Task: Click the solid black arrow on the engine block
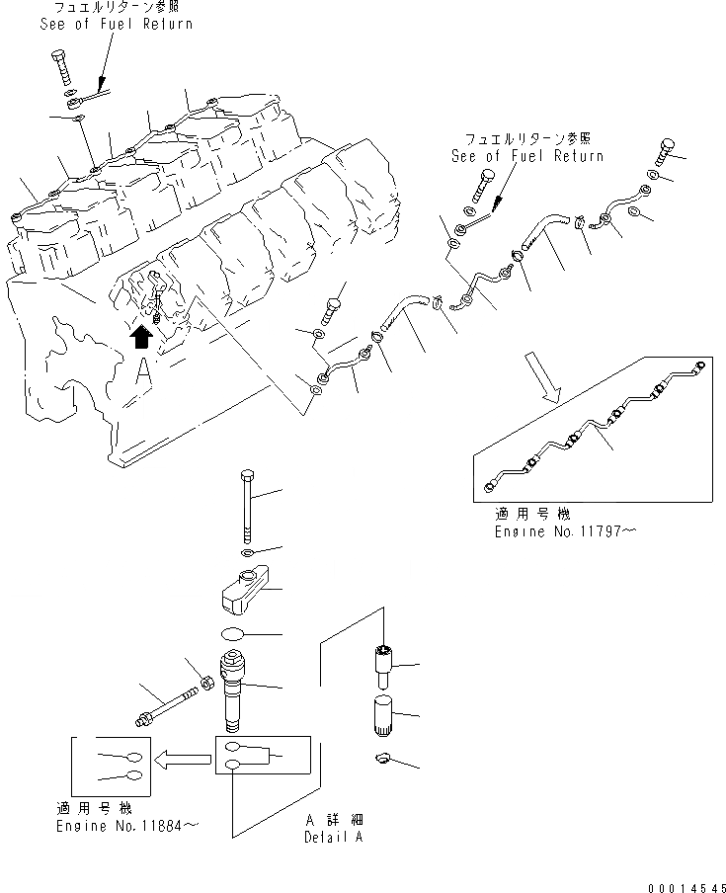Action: point(141,338)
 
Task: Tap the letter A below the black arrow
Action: point(143,372)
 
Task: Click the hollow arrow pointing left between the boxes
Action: point(186,760)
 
